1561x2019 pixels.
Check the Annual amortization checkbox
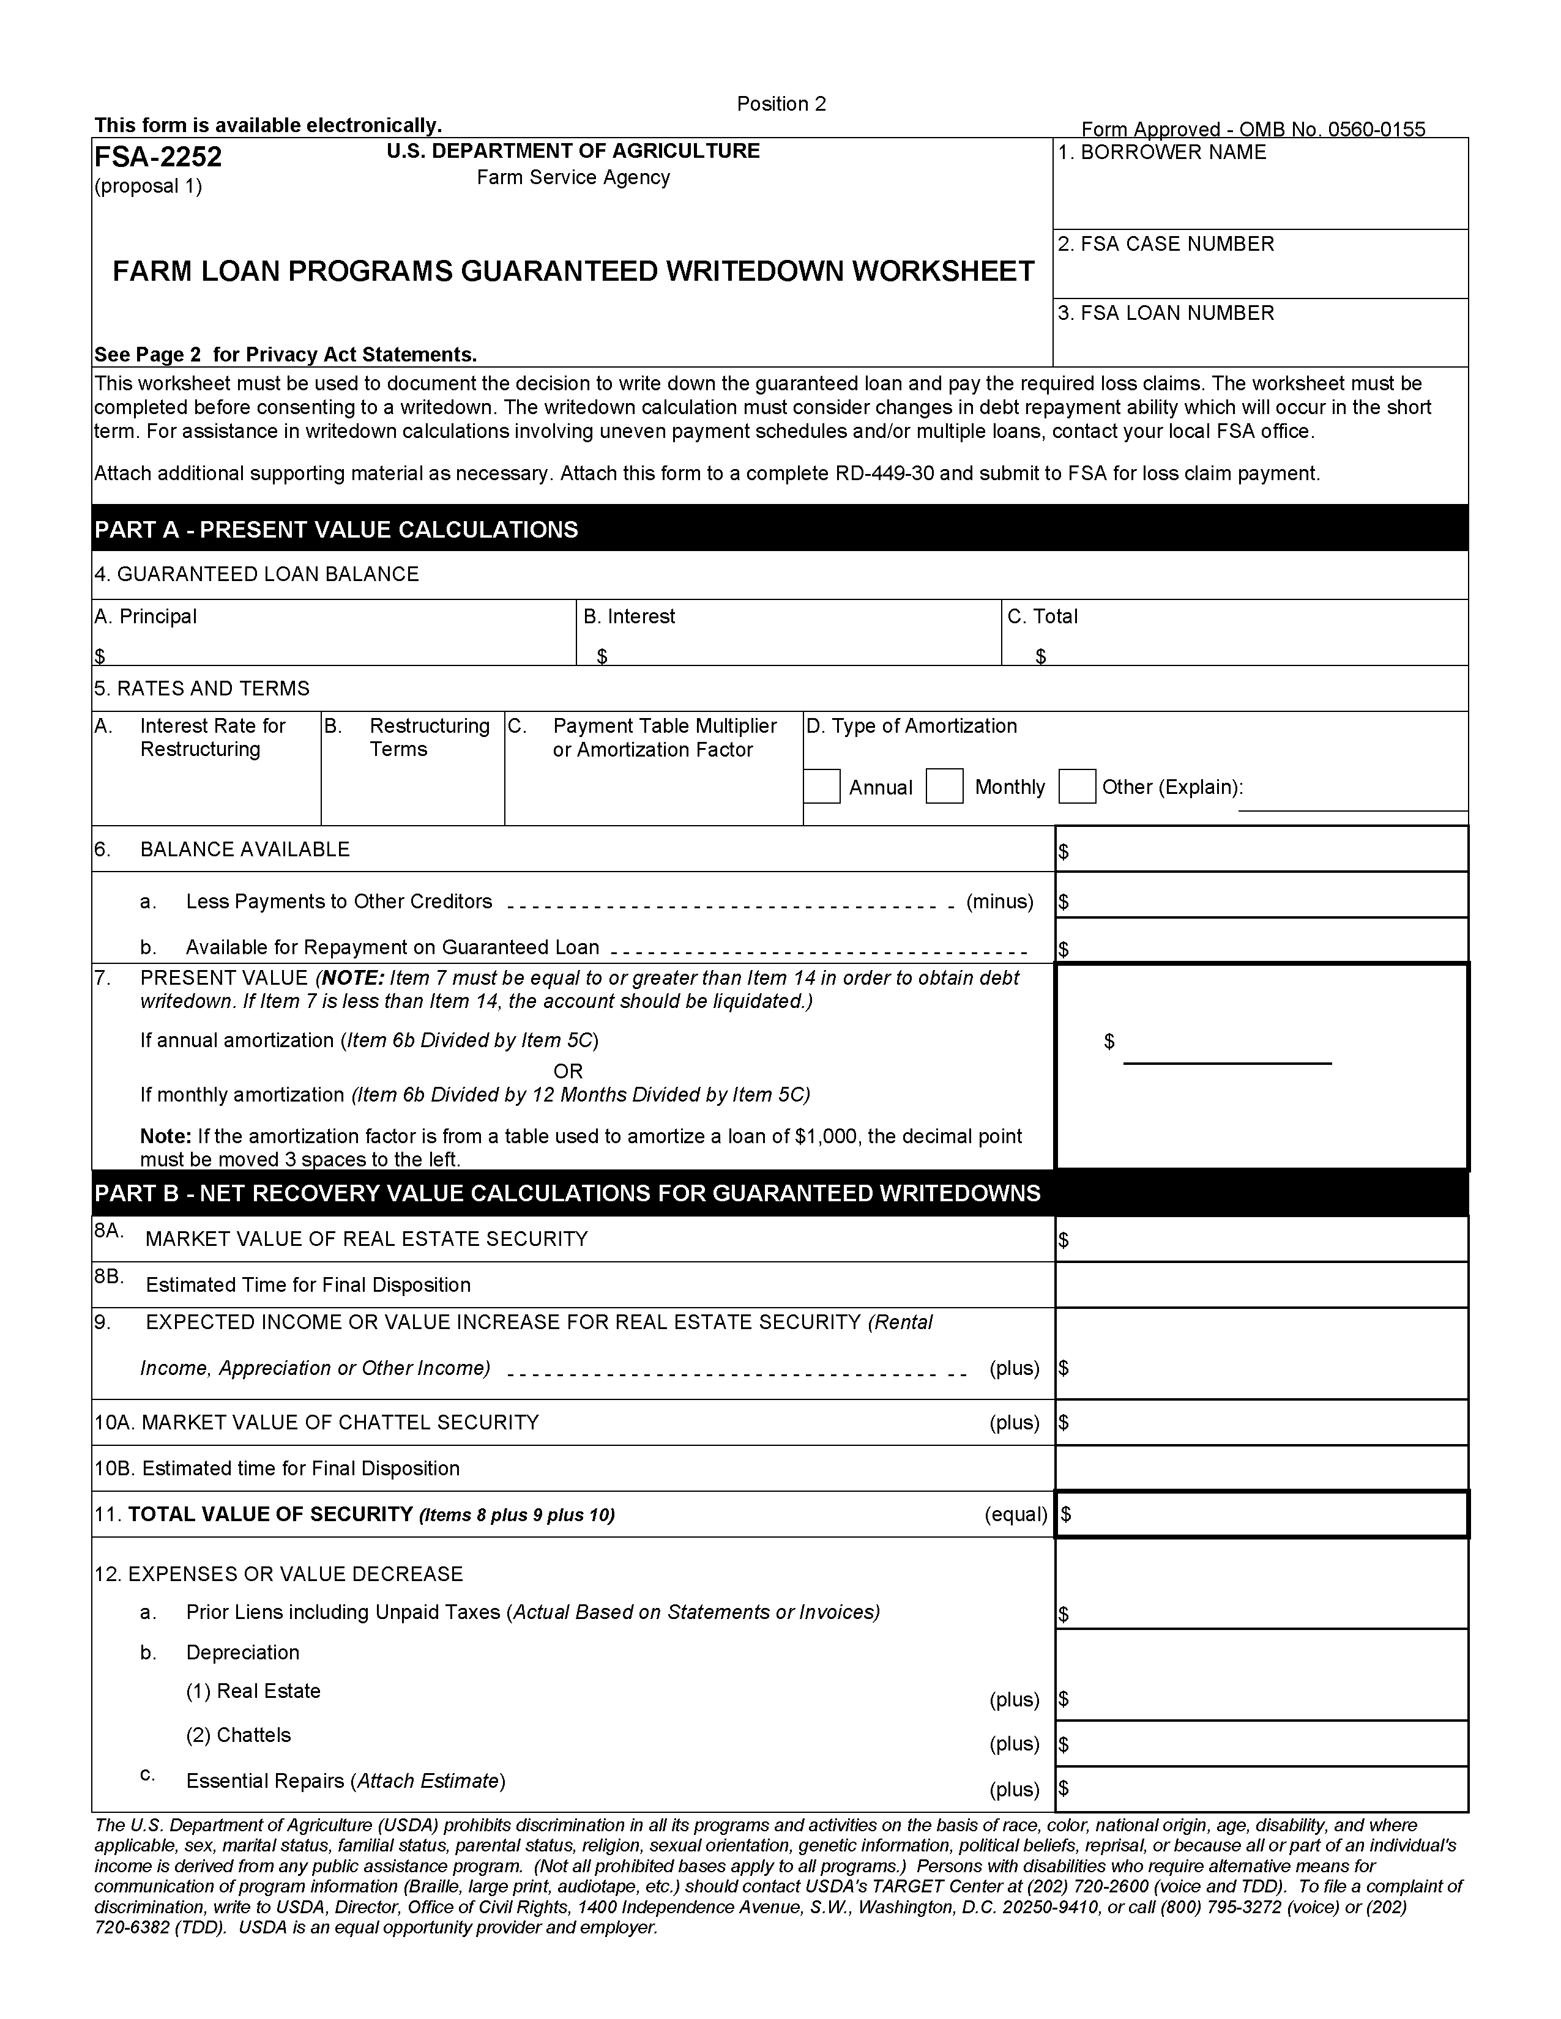[x=821, y=787]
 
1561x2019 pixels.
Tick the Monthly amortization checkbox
[x=944, y=787]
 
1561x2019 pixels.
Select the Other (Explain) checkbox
[x=1076, y=787]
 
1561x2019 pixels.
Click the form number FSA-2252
[x=158, y=157]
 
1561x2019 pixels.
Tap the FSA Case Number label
[x=1165, y=244]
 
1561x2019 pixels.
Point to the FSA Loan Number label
[x=1165, y=313]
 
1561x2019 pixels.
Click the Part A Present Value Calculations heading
[x=336, y=530]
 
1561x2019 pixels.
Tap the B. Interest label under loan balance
[x=629, y=617]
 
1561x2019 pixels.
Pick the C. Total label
[x=1042, y=617]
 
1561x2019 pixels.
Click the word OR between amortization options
[x=568, y=1072]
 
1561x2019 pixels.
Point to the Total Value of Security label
[x=270, y=1514]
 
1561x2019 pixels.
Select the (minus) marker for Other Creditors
[x=1000, y=902]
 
